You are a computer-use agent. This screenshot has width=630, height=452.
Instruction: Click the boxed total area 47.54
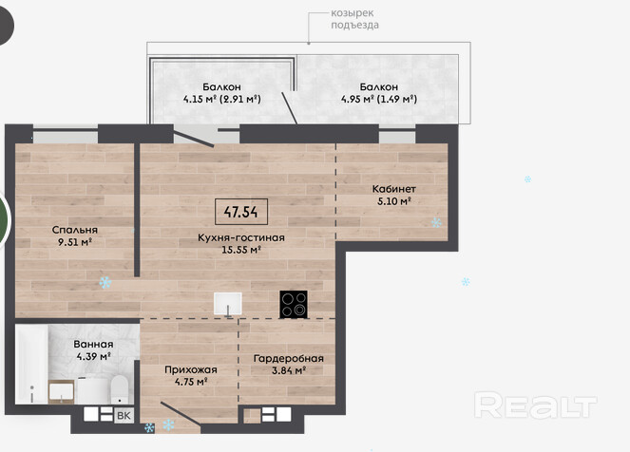click(241, 212)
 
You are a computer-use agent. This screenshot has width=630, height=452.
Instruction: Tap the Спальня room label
click(75, 230)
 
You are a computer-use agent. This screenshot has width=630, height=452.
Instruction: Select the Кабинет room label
click(393, 189)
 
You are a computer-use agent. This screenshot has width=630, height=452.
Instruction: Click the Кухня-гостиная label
click(241, 237)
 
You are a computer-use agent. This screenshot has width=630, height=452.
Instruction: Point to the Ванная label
click(93, 344)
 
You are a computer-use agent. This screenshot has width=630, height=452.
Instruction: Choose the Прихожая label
click(191, 369)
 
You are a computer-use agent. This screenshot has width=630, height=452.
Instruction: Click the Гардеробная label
click(289, 359)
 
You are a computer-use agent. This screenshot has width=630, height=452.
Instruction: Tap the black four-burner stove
click(294, 304)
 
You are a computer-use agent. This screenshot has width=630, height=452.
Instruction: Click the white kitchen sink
click(228, 304)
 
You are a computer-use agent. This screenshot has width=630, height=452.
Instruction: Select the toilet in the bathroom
click(119, 389)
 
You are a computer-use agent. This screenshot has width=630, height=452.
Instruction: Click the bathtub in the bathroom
click(31, 364)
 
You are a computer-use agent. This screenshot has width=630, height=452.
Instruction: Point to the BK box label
click(124, 416)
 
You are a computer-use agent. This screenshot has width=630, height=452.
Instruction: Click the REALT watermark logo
click(536, 405)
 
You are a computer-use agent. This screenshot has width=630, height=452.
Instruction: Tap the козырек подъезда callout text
click(354, 19)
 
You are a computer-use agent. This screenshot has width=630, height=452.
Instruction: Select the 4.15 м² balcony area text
click(200, 99)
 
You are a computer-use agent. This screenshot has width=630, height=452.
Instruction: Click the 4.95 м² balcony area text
click(358, 99)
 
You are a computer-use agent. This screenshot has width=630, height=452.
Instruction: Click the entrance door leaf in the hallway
click(181, 413)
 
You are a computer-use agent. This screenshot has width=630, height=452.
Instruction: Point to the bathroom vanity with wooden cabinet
click(61, 391)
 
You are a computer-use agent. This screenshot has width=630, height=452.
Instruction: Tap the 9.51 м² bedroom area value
click(75, 242)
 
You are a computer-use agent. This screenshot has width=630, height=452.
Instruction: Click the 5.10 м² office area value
click(393, 201)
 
